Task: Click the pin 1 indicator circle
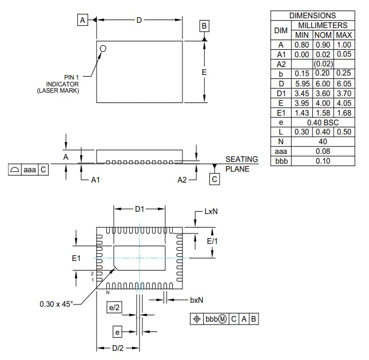pyautogui.click(x=103, y=49)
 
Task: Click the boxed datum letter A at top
pyautogui.click(x=82, y=20)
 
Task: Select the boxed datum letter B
pyautogui.click(x=204, y=26)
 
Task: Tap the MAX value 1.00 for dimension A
pyautogui.click(x=344, y=45)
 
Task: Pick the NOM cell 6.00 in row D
pyautogui.click(x=323, y=84)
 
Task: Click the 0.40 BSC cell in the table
pyautogui.click(x=323, y=122)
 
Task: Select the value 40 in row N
pyautogui.click(x=323, y=142)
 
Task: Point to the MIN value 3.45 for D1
pyautogui.click(x=301, y=93)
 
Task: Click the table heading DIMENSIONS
pyautogui.click(x=312, y=15)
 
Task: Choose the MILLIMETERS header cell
pyautogui.click(x=323, y=25)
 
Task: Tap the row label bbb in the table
pyautogui.click(x=280, y=161)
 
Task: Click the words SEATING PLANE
pyautogui.click(x=241, y=164)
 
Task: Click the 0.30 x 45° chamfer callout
pyautogui.click(x=56, y=304)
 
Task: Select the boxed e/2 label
pyautogui.click(x=114, y=308)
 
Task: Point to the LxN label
pyautogui.click(x=211, y=211)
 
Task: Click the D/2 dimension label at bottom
pyautogui.click(x=118, y=348)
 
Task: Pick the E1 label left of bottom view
pyautogui.click(x=77, y=259)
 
